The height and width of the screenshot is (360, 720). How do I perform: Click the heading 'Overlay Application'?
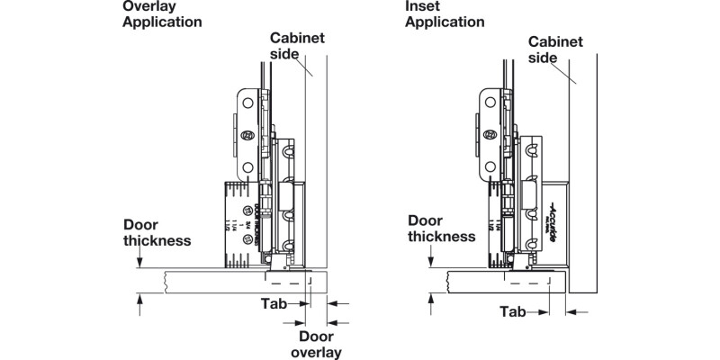(162, 13)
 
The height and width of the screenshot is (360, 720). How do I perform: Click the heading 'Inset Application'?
(445, 13)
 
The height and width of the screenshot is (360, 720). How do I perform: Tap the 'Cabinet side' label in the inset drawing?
(553, 49)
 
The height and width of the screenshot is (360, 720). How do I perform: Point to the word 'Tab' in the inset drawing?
(513, 312)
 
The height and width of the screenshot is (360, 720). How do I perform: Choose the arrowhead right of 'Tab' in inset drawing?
(544, 312)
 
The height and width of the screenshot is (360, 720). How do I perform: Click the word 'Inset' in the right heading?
(422, 6)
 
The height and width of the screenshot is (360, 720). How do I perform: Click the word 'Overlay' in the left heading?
(148, 6)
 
